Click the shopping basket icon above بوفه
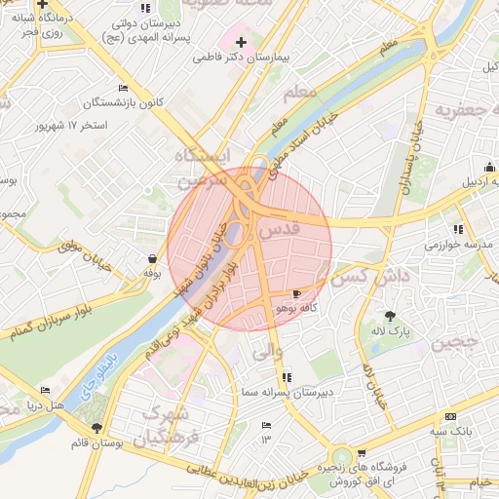pyautogui.click(x=152, y=259)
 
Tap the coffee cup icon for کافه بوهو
pyautogui.click(x=296, y=293)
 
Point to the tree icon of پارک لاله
pyautogui.click(x=391, y=316)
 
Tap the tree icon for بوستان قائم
pyautogui.click(x=96, y=428)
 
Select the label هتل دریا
pyautogui.click(x=44, y=403)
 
